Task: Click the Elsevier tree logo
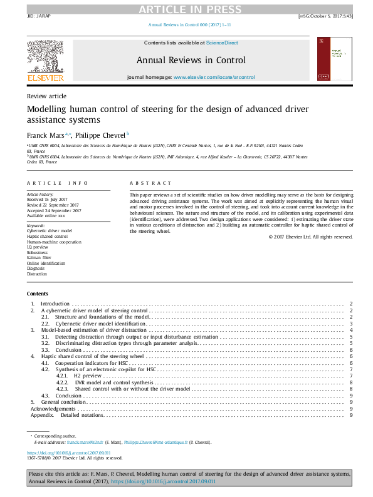[x=45, y=58]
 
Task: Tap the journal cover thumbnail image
[x=334, y=58]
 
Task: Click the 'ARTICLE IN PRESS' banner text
[x=186, y=9]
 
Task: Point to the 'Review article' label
[x=46, y=96]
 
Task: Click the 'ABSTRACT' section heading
[x=150, y=183]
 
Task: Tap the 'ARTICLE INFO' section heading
[x=57, y=183]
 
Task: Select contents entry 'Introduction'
[x=55, y=304]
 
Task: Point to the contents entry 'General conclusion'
[x=67, y=402]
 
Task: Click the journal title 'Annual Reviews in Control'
[x=191, y=61]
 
